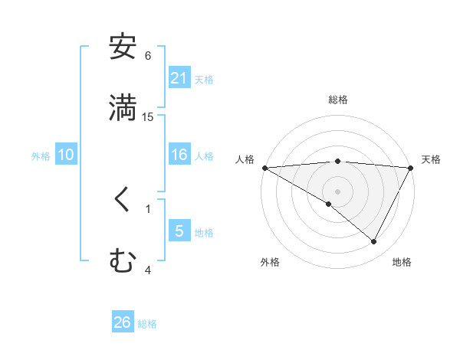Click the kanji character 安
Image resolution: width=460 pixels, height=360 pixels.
pyautogui.click(x=123, y=47)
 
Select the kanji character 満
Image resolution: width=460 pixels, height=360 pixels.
pyautogui.click(x=123, y=108)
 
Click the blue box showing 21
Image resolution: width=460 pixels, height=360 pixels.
pyautogui.click(x=179, y=77)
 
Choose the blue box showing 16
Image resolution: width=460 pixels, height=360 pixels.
pyautogui.click(x=179, y=155)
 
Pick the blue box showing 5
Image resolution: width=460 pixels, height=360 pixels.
pyautogui.click(x=179, y=231)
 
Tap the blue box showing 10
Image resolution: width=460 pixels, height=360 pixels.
pyautogui.click(x=66, y=155)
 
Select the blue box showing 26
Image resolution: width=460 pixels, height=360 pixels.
pyautogui.click(x=123, y=322)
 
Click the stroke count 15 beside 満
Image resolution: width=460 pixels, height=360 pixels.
pyautogui.click(x=148, y=116)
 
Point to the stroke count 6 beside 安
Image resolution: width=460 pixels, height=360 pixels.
pyautogui.click(x=148, y=56)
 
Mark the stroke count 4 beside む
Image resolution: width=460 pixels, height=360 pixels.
pyautogui.click(x=148, y=270)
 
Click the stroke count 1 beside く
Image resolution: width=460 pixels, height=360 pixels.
pyautogui.click(x=148, y=208)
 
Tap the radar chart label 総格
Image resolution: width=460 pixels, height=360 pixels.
pyautogui.click(x=338, y=100)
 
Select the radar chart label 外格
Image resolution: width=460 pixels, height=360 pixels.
pyautogui.click(x=270, y=262)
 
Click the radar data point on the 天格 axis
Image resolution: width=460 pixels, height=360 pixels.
pyautogui.click(x=411, y=168)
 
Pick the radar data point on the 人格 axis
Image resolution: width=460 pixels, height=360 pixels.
pyautogui.click(x=264, y=168)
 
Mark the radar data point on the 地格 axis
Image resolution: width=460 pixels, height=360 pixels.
pyautogui.click(x=374, y=242)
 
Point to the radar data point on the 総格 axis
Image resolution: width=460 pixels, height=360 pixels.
pyautogui.click(x=338, y=161)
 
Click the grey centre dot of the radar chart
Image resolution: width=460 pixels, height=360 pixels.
pyautogui.click(x=338, y=191)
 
